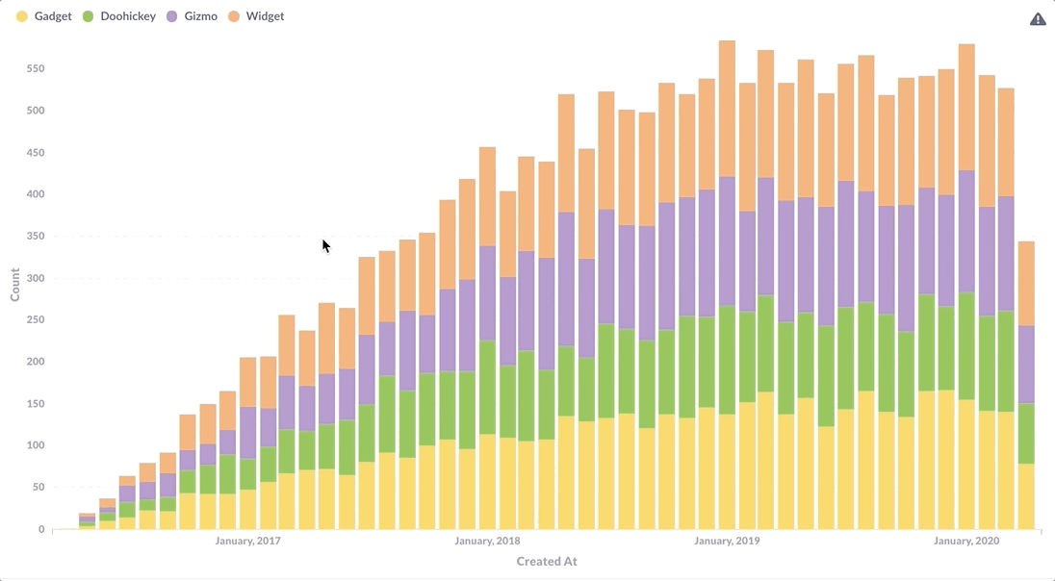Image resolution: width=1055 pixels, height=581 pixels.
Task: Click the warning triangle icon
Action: pyautogui.click(x=1038, y=19)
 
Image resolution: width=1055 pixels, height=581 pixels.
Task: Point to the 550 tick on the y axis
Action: pyautogui.click(x=36, y=69)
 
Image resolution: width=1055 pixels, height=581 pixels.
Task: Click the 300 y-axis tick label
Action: pyautogui.click(x=36, y=279)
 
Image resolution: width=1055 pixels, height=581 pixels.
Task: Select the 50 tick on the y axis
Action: pyautogui.click(x=39, y=488)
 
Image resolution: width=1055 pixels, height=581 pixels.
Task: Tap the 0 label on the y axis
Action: pyautogui.click(x=41, y=530)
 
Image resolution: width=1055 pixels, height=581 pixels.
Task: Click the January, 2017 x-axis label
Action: pyautogui.click(x=247, y=542)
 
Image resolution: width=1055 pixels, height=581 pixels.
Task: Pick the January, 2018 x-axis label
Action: pyautogui.click(x=487, y=542)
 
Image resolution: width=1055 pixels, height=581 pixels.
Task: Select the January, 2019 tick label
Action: pyautogui.click(x=727, y=542)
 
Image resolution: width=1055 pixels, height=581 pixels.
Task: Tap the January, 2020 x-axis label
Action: pyautogui.click(x=966, y=542)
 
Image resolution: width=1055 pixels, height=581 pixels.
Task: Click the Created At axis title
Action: pyautogui.click(x=547, y=562)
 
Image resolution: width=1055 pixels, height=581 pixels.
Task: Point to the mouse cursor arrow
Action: pyautogui.click(x=326, y=246)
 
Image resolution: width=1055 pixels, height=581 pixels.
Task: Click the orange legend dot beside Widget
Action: pyautogui.click(x=234, y=16)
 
